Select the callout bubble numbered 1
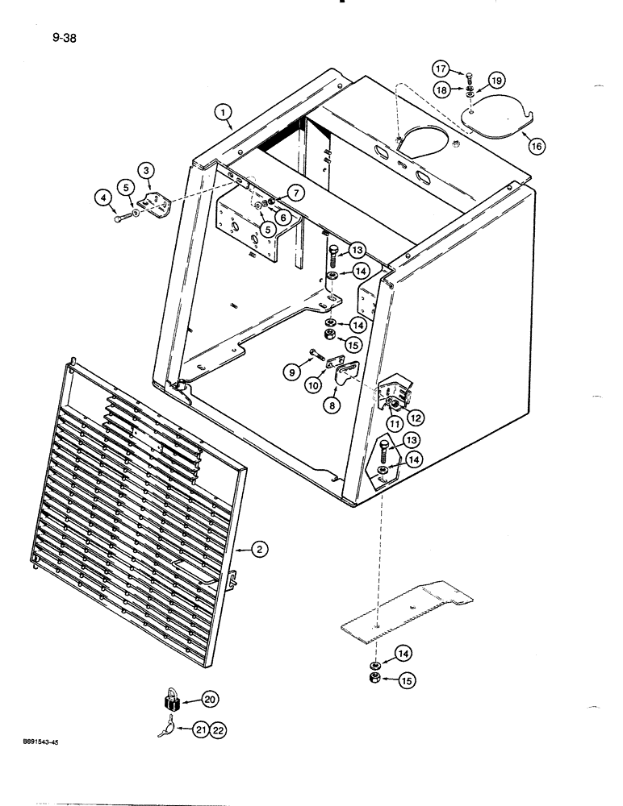pyautogui.click(x=224, y=114)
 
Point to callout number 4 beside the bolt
pyautogui.click(x=103, y=196)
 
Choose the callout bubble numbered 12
pyautogui.click(x=416, y=417)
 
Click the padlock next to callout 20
pyautogui.click(x=171, y=697)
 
